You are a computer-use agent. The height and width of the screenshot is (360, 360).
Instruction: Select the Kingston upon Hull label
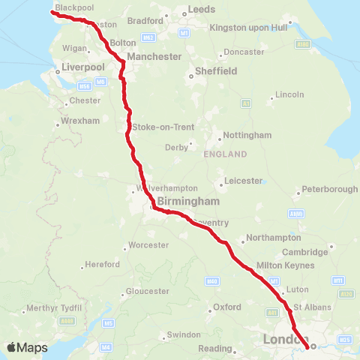pos(249,27)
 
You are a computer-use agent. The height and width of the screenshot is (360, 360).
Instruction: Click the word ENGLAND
pos(225,154)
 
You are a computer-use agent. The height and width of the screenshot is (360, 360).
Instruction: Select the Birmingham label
pos(188,202)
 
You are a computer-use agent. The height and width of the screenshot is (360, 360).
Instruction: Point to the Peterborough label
pos(329,189)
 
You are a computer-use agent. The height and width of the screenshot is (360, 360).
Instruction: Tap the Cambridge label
pos(305,252)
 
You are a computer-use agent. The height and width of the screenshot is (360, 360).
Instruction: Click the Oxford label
pos(227,307)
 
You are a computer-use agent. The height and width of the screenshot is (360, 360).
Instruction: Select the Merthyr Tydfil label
pos(52,309)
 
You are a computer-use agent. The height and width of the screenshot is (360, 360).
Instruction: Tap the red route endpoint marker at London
pos(313,346)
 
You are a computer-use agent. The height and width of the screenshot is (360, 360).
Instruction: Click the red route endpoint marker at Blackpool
pos(52,11)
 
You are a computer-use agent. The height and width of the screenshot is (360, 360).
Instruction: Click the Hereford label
pos(102,265)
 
